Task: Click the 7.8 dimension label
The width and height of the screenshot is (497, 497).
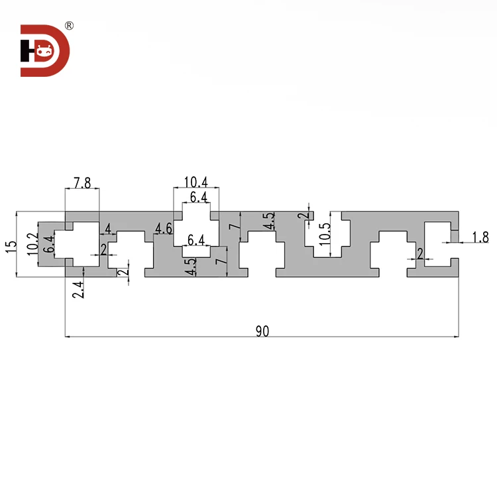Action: coord(82,183)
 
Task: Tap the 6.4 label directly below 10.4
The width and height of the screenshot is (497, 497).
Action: coord(198,197)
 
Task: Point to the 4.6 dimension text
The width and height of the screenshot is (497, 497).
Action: coord(164,229)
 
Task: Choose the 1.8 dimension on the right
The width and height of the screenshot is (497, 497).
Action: coord(480,237)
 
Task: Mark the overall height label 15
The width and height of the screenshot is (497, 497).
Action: coord(10,245)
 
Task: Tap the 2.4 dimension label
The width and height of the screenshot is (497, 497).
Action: coord(78,290)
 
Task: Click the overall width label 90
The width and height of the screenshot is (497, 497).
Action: coord(262,331)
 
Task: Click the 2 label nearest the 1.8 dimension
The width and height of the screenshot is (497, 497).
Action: coord(420,254)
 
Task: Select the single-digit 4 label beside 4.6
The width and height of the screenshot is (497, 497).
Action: coord(109,229)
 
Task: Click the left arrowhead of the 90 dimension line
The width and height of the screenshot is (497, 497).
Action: coord(68,337)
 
